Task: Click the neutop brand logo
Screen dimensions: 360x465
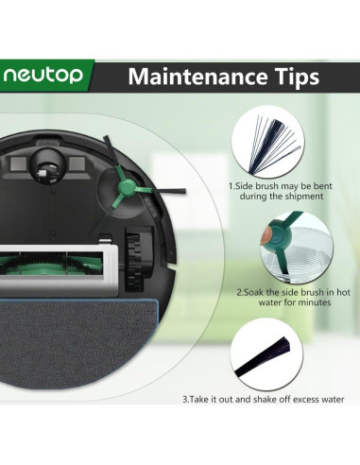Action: coord(43,75)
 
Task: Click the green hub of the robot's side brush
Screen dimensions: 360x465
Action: coord(126,188)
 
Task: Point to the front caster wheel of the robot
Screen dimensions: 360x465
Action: coord(48,166)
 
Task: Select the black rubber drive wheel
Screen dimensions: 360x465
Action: coord(138,259)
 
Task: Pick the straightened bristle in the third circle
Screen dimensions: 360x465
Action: coord(262,357)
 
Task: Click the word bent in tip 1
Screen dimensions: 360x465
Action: coord(322,186)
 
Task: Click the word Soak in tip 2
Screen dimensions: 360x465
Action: coord(253,292)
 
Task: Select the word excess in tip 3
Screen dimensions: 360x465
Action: coord(305,400)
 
